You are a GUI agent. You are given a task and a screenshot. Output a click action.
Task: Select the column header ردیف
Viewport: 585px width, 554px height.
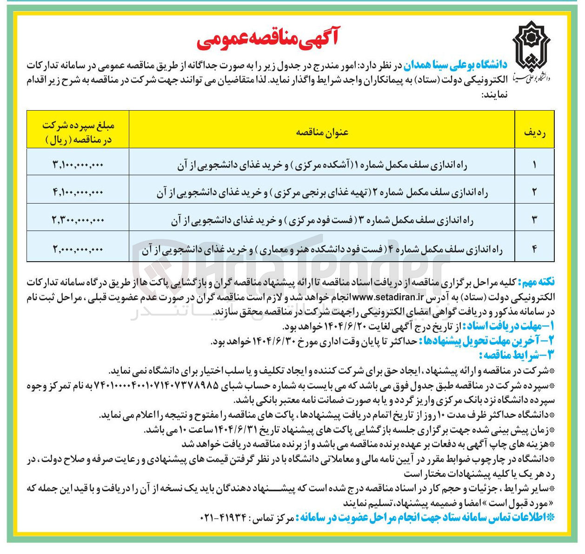pyautogui.click(x=534, y=132)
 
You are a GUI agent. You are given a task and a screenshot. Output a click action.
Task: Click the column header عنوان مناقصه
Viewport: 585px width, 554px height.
pyautogui.click(x=322, y=132)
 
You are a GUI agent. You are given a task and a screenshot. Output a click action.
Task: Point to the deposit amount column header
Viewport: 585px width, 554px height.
pyautogui.click(x=78, y=132)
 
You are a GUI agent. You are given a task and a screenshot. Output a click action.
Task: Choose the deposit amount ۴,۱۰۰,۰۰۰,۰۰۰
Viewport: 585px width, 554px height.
pyautogui.click(x=78, y=192)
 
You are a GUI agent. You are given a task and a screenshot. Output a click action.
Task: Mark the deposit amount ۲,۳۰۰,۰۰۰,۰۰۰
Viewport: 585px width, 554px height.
pyautogui.click(x=78, y=220)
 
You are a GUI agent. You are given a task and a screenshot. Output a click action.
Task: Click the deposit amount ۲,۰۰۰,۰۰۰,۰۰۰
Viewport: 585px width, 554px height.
pyautogui.click(x=78, y=250)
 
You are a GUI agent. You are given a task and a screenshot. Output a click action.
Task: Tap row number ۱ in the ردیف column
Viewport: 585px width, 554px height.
pyautogui.click(x=534, y=165)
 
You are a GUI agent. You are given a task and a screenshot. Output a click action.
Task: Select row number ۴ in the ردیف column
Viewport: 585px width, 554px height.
pyautogui.click(x=534, y=250)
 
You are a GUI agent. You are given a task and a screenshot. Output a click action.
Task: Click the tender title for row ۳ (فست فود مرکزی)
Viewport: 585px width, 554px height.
pyautogui.click(x=322, y=220)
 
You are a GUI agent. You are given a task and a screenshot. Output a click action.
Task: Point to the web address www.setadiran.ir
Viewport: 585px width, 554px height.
pyautogui.click(x=389, y=295)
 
